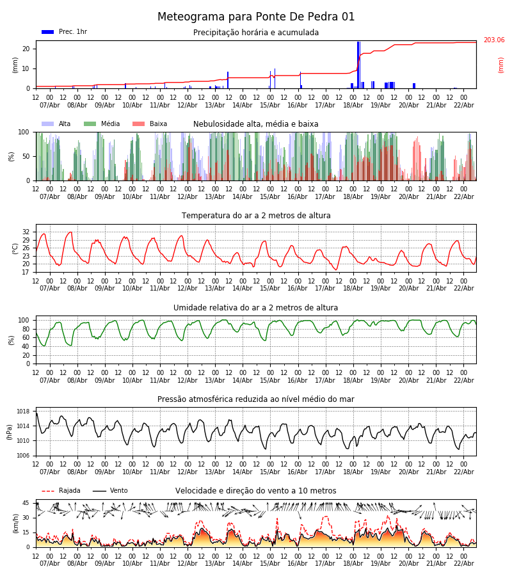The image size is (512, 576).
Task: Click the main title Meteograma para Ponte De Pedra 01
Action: pyautogui.click(x=256, y=17)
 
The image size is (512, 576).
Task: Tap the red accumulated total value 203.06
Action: pyautogui.click(x=493, y=40)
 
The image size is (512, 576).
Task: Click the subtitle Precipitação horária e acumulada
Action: pyautogui.click(x=256, y=33)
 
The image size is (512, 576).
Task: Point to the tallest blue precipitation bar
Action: pyautogui.click(x=358, y=64)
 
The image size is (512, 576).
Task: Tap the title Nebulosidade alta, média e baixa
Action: pyautogui.click(x=256, y=124)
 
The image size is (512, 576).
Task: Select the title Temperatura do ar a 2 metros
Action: pyautogui.click(x=256, y=216)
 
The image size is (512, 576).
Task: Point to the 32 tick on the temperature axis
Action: pyautogui.click(x=26, y=232)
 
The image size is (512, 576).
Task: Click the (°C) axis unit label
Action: pyautogui.click(x=15, y=248)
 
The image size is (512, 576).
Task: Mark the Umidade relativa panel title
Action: pyautogui.click(x=256, y=308)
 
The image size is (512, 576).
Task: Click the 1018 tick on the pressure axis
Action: pyautogui.click(x=23, y=412)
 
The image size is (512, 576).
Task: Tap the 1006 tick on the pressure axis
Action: pyautogui.click(x=23, y=456)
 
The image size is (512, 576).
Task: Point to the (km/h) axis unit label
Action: pyautogui.click(x=15, y=524)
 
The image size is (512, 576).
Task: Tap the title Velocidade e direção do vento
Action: pyautogui.click(x=256, y=491)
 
